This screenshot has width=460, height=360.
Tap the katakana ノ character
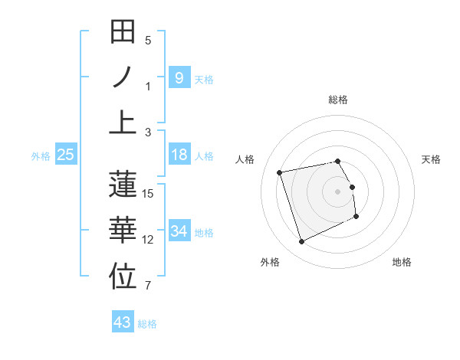(123, 77)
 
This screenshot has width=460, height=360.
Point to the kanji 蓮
(123, 185)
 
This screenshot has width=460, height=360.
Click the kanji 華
(123, 231)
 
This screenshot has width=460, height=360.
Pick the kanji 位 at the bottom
(123, 276)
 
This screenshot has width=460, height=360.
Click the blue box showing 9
(179, 77)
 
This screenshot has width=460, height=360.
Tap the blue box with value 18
(179, 155)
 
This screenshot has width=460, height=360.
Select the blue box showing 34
(179, 231)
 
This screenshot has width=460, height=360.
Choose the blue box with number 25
(66, 155)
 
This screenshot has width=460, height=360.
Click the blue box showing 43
(123, 322)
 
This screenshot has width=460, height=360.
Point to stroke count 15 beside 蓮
(148, 193)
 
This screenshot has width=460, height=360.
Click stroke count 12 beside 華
(148, 240)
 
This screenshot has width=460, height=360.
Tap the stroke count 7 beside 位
(148, 286)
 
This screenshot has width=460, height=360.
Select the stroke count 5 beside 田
(148, 40)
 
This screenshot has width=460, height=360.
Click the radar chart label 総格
(338, 100)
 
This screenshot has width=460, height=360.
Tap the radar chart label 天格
(432, 159)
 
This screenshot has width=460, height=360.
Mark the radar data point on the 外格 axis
(301, 242)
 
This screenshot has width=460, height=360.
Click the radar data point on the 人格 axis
(280, 172)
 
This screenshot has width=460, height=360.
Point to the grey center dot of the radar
(338, 191)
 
